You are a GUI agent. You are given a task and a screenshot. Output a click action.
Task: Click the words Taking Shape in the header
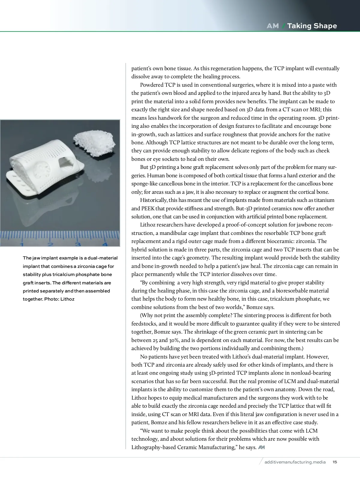pos(312,26)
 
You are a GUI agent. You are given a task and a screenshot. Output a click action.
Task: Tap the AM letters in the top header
pos(272,26)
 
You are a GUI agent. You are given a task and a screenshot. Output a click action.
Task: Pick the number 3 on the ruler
pos(78,244)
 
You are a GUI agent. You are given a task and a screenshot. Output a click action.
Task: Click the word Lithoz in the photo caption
pos(67,299)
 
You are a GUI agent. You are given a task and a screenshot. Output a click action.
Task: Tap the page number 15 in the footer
pos(335,462)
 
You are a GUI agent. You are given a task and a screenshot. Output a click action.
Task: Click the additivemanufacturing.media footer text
pos(295,462)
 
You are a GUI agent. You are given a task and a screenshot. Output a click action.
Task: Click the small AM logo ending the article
pos(261,447)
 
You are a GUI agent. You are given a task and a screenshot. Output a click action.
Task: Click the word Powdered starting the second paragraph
pos(152,85)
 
